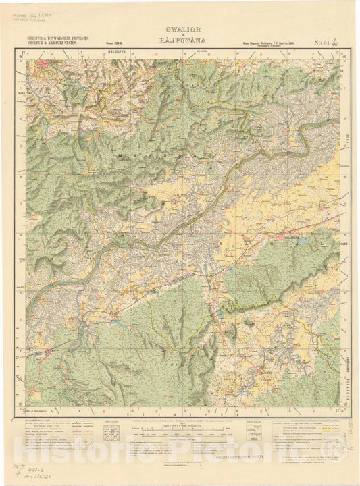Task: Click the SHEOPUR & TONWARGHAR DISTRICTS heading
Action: [x=57, y=39]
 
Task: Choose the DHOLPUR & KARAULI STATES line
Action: [x=57, y=44]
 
